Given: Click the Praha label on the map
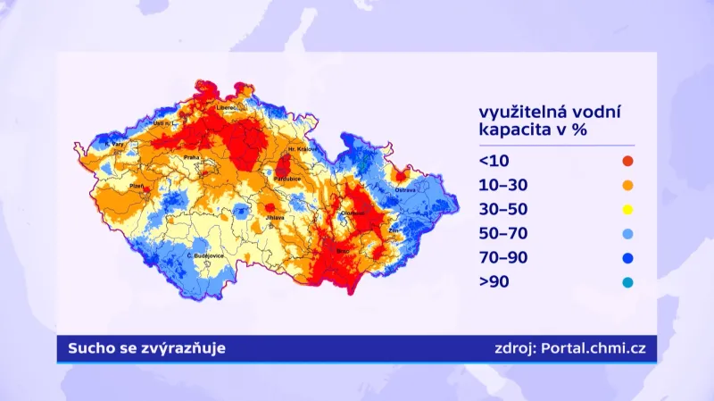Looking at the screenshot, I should pos(192,157).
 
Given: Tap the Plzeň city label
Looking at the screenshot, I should pos(137,185).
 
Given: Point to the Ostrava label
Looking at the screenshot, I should pos(406,189).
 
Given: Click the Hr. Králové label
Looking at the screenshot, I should pos(303,149).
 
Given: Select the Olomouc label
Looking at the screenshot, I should pos(352,213).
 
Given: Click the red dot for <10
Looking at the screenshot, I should pos(627,162).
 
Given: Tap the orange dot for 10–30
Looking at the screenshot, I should pos(627,186).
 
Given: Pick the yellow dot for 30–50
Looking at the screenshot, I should pos(627,210).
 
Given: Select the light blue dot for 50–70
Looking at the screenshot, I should pos(627,234).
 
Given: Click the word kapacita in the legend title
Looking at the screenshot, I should pos(516,129).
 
